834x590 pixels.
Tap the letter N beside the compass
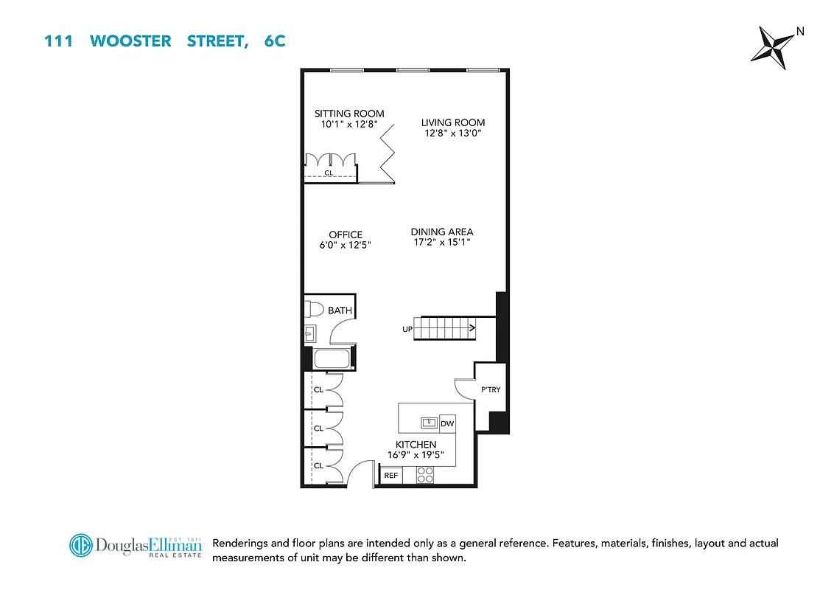[x=799, y=31]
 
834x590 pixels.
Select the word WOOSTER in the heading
[x=130, y=41]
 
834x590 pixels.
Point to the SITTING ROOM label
[x=349, y=114]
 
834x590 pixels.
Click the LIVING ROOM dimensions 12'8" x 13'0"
[x=453, y=133]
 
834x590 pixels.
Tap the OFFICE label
[x=346, y=235]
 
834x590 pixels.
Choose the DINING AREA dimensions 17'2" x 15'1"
[x=442, y=242]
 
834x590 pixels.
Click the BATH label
[x=340, y=310]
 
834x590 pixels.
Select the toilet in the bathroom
[x=312, y=308]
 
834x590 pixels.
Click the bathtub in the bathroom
[x=333, y=360]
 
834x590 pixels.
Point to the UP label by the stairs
[x=407, y=329]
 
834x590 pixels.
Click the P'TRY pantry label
[x=491, y=389]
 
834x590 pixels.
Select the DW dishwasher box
[x=446, y=424]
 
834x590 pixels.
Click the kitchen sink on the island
[x=428, y=423]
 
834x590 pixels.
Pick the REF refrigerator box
[x=391, y=476]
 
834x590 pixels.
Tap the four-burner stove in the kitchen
[x=425, y=476]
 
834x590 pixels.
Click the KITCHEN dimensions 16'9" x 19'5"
[x=416, y=455]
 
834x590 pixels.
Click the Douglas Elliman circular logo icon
[x=82, y=546]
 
